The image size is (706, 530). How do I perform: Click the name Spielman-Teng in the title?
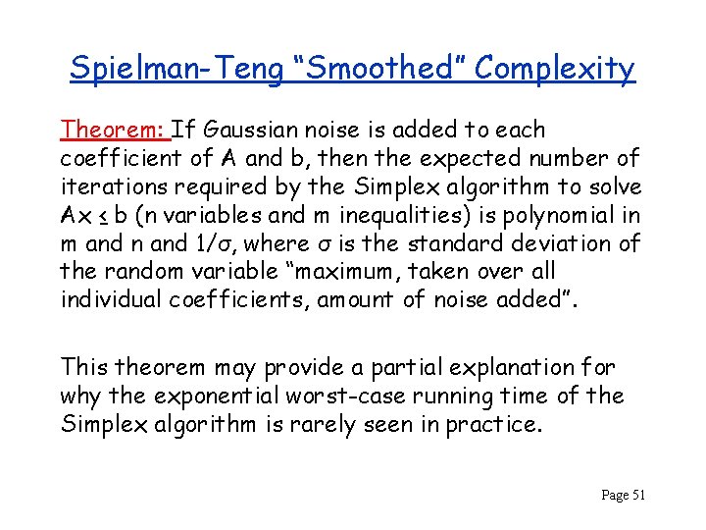(x=172, y=68)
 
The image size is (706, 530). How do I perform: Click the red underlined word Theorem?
(x=114, y=130)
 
